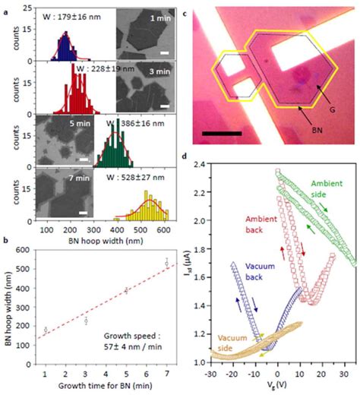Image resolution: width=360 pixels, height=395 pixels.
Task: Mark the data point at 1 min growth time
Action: coord(45,330)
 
